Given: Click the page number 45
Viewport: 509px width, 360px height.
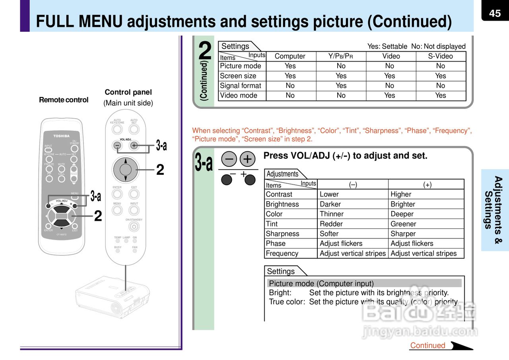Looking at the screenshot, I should [495, 14].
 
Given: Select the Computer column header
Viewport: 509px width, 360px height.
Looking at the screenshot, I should [290, 56].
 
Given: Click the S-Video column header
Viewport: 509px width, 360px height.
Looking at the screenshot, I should [440, 56].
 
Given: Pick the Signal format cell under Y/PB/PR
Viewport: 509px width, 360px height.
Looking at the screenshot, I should [341, 85].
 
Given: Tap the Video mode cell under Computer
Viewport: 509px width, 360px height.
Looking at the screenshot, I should [290, 95].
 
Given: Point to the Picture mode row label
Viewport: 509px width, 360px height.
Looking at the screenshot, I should [241, 66].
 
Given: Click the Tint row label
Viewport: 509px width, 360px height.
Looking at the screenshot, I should [272, 224].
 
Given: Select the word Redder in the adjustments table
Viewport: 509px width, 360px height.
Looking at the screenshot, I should [331, 224].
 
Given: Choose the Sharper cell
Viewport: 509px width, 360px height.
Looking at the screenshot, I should [403, 234].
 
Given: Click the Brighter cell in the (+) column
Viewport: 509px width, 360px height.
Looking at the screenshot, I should [402, 204].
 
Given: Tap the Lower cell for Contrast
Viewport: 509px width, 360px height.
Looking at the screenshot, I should [329, 194].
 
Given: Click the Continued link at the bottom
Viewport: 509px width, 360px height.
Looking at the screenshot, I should [427, 345].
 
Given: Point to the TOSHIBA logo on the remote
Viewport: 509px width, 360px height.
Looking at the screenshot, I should [61, 136].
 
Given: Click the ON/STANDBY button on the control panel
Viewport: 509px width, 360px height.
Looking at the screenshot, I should [134, 226].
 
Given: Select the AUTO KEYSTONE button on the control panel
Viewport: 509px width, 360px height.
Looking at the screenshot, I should [117, 129].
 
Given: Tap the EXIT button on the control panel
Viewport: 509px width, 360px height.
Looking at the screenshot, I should [134, 194].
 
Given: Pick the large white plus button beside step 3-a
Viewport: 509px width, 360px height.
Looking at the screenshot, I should [247, 159].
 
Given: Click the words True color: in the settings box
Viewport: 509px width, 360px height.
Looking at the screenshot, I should [287, 302].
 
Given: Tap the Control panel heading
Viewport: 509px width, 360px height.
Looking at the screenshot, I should [128, 92].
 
